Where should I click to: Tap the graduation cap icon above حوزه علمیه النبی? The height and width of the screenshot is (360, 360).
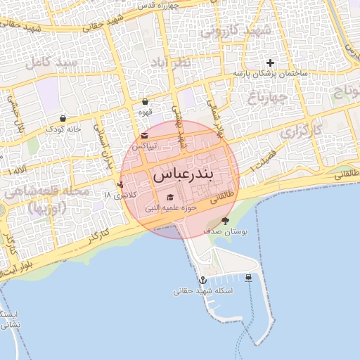coord(169,198)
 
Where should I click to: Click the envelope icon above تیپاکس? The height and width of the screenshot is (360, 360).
coord(144,135)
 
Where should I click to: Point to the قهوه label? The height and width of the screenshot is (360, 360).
coord(146,112)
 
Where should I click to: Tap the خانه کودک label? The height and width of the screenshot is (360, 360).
coord(64,129)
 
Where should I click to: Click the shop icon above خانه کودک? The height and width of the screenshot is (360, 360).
coord(64,118)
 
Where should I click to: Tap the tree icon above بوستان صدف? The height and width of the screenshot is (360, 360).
coord(225,221)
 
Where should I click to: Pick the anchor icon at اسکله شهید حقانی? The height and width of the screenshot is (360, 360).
coord(203,280)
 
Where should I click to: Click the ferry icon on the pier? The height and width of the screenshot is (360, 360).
coord(249,277)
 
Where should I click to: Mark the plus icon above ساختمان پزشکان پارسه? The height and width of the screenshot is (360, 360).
coord(270,63)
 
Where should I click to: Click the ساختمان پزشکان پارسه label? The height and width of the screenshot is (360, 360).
coord(271,74)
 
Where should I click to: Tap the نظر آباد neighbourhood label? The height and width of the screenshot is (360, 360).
coord(169,64)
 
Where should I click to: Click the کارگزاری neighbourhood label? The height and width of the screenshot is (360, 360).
coord(300,131)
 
